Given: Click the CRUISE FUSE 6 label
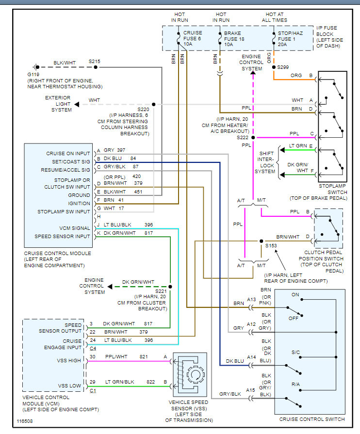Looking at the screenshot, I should click(x=192, y=38).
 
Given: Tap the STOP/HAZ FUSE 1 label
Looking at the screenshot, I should click(x=290, y=38).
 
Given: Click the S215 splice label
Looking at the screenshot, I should click(x=95, y=62).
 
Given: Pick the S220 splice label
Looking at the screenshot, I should click(x=144, y=110).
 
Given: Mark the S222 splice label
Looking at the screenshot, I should click(x=243, y=138).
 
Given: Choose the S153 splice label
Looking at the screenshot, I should click(x=271, y=246).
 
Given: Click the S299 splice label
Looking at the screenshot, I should click(x=284, y=67).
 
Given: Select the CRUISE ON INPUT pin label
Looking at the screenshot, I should click(x=68, y=153).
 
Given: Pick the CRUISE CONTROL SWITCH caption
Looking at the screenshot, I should click(x=311, y=419).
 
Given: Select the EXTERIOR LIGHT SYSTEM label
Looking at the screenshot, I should click(x=58, y=104).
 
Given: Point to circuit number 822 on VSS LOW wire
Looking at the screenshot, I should click(x=151, y=382).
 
